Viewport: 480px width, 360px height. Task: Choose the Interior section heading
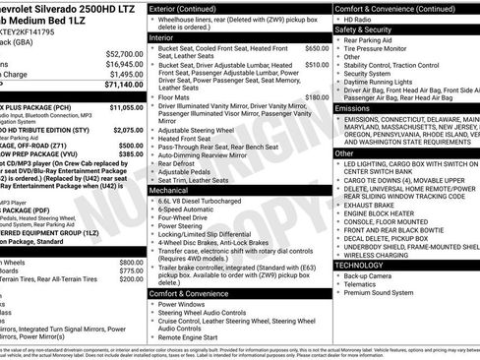click(162, 36)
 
